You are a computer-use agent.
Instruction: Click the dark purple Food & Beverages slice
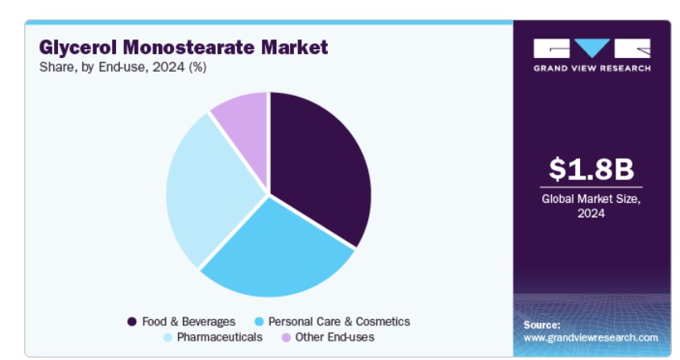(317, 165)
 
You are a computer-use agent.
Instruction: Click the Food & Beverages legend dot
(132, 321)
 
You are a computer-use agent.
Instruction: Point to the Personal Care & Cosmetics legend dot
(259, 321)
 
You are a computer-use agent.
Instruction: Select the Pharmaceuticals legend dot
(168, 337)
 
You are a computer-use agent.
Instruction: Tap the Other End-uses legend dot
(286, 337)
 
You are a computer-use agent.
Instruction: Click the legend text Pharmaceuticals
(219, 337)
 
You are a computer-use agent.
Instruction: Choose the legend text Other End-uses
(334, 337)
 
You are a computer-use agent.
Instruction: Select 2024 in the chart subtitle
(168, 67)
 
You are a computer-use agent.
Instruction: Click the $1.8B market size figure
(591, 168)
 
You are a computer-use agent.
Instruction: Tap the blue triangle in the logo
(592, 48)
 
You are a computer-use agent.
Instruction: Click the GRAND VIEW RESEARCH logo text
(592, 68)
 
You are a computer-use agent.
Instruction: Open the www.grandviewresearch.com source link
(591, 337)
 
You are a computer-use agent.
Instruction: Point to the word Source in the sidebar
(541, 325)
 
